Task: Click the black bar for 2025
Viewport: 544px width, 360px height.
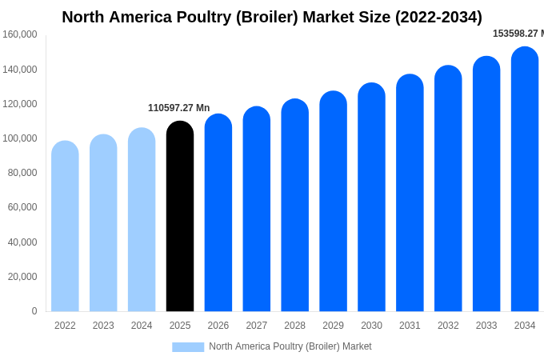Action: pyautogui.click(x=180, y=216)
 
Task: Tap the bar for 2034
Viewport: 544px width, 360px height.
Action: pyautogui.click(x=525, y=179)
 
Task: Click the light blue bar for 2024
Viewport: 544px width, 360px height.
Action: pyautogui.click(x=142, y=220)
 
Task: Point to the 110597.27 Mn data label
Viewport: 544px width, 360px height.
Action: pyautogui.click(x=178, y=108)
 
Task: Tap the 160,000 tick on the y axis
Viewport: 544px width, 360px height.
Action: pyautogui.click(x=20, y=34)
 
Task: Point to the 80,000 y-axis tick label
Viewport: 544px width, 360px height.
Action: pyautogui.click(x=22, y=173)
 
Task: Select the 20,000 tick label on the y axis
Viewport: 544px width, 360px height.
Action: pyautogui.click(x=22, y=277)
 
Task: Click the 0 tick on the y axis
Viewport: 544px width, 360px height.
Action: pyautogui.click(x=34, y=311)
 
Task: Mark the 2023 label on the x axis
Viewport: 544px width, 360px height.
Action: pyautogui.click(x=103, y=326)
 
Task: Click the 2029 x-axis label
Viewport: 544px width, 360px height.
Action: pyautogui.click(x=333, y=326)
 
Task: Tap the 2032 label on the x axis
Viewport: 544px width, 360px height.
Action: pyautogui.click(x=448, y=326)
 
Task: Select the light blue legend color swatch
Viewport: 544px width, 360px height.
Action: pyautogui.click(x=188, y=347)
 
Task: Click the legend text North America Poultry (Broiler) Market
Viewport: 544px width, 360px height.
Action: pyautogui.click(x=290, y=346)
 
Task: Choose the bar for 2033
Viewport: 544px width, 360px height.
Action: pyautogui.click(x=486, y=184)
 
